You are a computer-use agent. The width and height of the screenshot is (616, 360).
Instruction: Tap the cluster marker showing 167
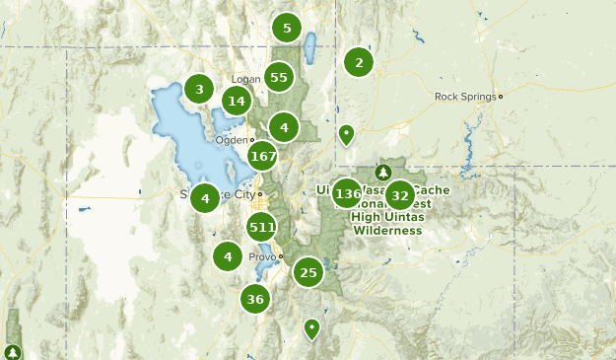coord(263,156)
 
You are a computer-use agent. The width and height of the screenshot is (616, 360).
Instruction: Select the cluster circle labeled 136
coord(347,193)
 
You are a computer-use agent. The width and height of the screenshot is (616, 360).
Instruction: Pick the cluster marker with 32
coord(399,195)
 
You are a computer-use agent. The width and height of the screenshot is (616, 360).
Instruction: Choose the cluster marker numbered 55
coord(279,77)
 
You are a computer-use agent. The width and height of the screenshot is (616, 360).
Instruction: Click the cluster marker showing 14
coord(236,101)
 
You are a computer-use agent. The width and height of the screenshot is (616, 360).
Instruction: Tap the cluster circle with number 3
coord(199,90)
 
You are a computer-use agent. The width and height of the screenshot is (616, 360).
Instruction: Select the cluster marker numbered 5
coord(287,28)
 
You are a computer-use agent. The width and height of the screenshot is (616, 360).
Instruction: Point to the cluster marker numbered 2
coord(359,63)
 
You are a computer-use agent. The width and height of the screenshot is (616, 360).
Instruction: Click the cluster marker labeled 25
coord(308,272)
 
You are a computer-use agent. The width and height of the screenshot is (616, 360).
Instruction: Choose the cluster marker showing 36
coord(256,299)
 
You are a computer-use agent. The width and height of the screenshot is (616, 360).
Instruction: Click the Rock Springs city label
coord(466,97)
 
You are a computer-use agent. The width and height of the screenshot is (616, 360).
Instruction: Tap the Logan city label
coord(244,80)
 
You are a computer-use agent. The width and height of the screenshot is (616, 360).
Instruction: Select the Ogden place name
coord(231,140)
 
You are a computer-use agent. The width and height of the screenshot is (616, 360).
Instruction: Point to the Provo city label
coord(261,256)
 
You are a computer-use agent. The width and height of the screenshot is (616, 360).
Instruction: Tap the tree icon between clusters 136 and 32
coord(383,174)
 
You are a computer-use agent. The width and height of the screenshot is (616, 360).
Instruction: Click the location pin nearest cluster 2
coord(346,133)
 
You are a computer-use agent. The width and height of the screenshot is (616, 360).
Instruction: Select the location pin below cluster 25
coord(312,327)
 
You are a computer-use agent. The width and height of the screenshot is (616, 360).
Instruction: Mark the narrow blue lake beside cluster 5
coord(309,45)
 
